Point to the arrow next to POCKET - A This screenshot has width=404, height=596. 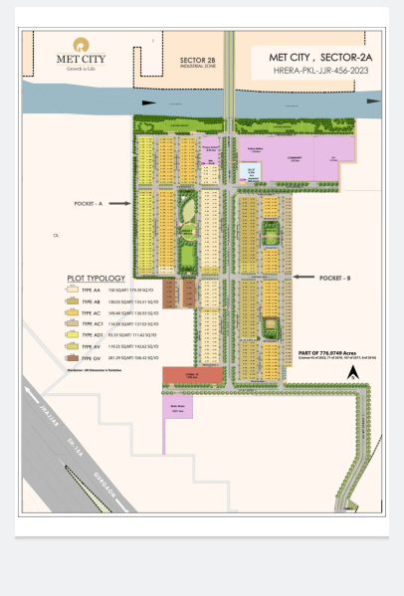tap(118, 203)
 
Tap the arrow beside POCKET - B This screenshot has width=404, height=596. tap(302, 280)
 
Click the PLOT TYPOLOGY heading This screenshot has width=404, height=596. tap(97, 279)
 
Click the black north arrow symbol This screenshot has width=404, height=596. tap(352, 372)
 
